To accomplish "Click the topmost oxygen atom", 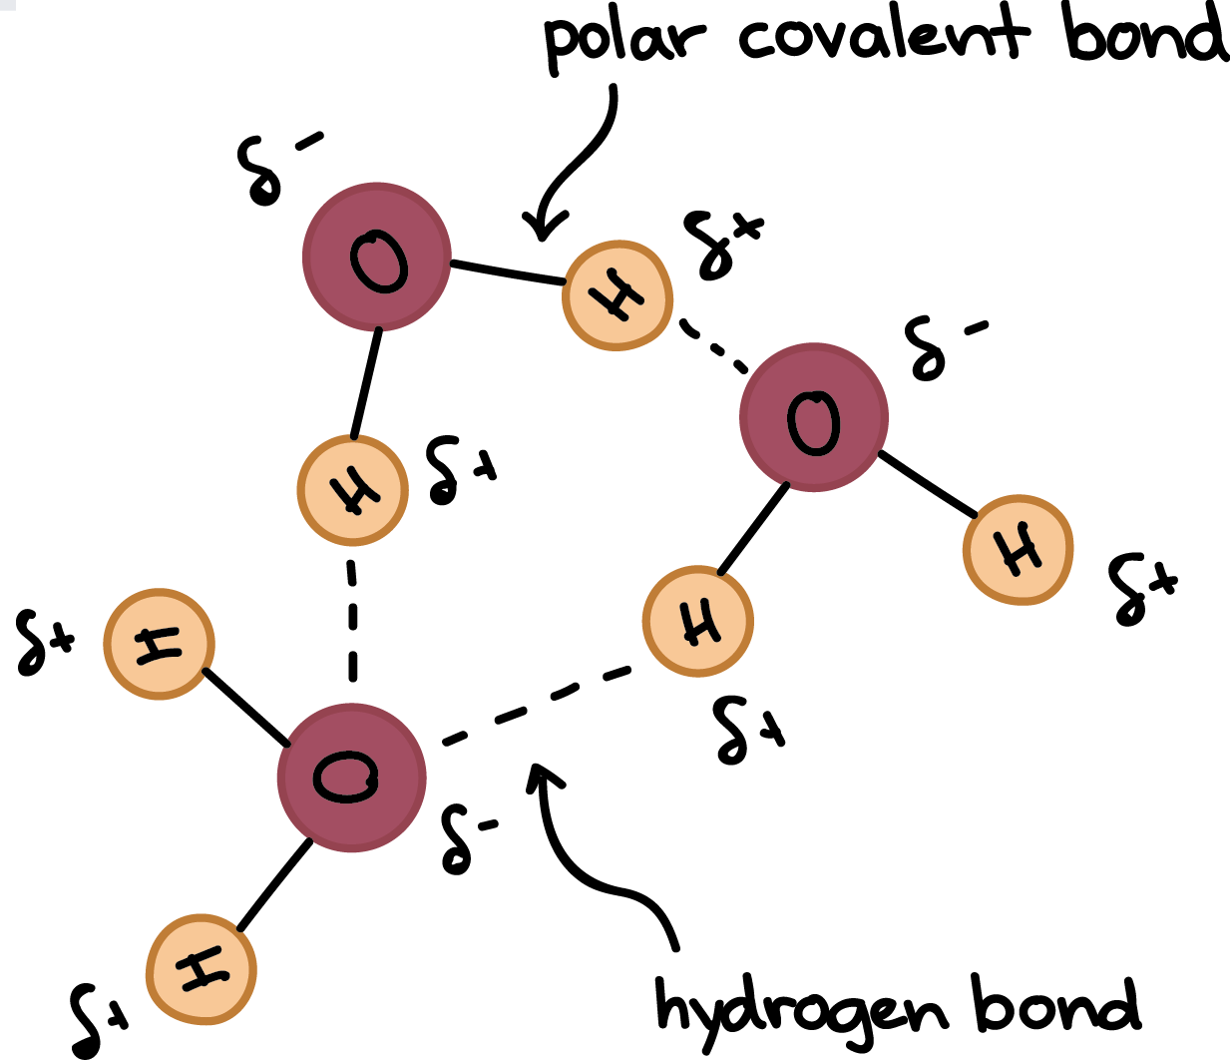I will pyautogui.click(x=377, y=258).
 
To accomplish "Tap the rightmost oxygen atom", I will pyautogui.click(x=814, y=417).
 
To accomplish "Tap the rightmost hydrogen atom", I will pyautogui.click(x=1019, y=549).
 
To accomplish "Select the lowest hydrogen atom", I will pyautogui.click(x=202, y=968).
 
